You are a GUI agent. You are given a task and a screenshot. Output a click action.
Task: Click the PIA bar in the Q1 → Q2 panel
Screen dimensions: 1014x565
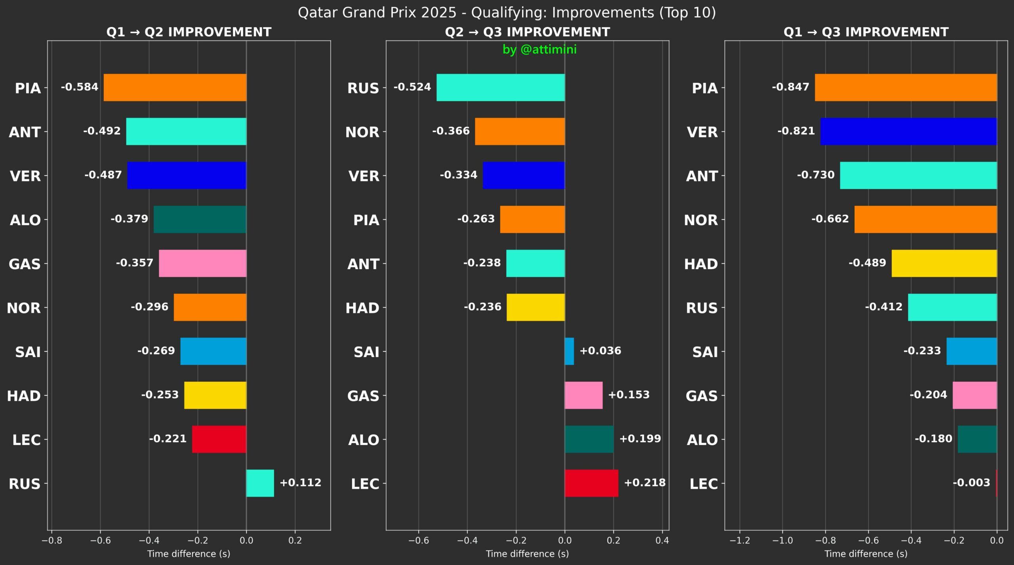click(175, 87)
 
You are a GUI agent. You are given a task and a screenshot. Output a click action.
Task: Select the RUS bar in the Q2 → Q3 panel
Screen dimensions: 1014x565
click(501, 87)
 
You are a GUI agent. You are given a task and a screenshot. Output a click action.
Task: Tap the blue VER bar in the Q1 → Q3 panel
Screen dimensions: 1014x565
click(909, 131)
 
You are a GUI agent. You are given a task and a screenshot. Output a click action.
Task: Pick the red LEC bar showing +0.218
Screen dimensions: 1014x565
click(591, 483)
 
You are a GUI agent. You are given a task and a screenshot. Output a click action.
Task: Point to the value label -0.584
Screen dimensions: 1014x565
click(80, 87)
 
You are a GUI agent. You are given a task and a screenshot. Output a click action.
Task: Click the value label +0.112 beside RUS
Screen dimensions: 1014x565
click(301, 482)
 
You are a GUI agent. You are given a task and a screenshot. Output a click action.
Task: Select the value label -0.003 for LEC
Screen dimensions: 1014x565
click(971, 482)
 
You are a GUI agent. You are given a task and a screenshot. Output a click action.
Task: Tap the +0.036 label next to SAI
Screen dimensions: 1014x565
click(600, 351)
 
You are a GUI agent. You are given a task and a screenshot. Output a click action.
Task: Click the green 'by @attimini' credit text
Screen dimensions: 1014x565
click(539, 49)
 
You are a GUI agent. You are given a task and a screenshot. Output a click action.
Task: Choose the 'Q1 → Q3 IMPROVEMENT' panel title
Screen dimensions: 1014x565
click(866, 32)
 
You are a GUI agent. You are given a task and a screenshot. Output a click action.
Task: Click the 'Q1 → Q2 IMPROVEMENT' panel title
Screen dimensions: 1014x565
click(189, 32)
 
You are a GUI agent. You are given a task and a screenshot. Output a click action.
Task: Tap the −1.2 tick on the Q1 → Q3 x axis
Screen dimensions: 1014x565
click(740, 540)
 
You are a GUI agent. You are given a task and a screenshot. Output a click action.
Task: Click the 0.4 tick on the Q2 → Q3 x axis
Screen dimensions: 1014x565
click(662, 540)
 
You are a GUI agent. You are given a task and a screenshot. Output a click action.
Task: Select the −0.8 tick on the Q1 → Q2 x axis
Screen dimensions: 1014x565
click(52, 540)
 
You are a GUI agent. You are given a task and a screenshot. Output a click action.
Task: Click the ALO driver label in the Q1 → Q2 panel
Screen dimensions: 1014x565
click(25, 220)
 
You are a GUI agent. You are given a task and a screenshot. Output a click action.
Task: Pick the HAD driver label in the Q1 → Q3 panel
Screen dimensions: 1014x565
click(701, 264)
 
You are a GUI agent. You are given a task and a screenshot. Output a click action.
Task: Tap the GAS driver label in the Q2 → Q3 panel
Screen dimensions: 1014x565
click(363, 396)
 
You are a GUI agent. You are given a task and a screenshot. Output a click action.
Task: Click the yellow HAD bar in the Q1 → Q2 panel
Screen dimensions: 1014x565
click(215, 395)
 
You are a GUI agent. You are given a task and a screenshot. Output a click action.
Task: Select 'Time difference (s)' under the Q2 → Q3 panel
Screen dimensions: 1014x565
click(527, 554)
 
